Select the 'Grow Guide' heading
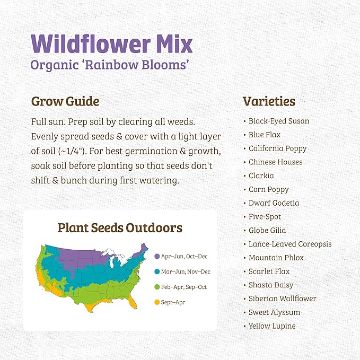(65, 101)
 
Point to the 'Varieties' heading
(269, 101)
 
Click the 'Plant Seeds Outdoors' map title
(120, 228)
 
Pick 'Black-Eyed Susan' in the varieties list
(279, 121)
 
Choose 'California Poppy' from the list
(277, 148)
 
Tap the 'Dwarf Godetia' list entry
(274, 203)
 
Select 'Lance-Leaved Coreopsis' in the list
(290, 244)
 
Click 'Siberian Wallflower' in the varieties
(282, 298)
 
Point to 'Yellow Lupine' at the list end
(272, 326)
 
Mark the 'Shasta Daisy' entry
(271, 285)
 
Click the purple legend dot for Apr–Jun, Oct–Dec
(157, 257)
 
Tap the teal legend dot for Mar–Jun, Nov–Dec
(157, 272)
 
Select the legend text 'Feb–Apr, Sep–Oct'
(185, 287)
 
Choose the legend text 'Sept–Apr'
(173, 303)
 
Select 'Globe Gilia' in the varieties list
(267, 230)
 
